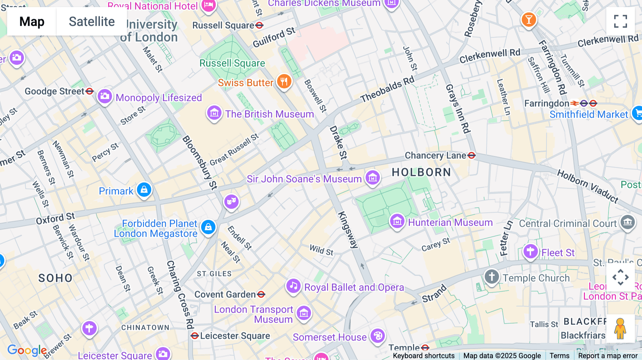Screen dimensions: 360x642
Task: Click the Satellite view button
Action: point(92,21)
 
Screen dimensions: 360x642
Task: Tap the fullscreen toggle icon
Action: point(620,21)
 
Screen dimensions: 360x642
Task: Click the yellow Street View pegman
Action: point(620,328)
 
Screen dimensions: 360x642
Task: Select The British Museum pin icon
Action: point(214,113)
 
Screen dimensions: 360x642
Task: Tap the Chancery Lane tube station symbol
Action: point(472,155)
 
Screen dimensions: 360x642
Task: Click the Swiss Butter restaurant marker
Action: point(284,82)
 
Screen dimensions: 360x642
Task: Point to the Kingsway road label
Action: point(347,230)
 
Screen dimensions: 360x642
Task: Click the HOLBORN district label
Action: point(421,173)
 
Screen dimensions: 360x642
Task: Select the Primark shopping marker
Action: point(144,190)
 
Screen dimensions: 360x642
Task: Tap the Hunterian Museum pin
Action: point(397,222)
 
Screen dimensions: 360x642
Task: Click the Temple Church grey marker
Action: point(491,277)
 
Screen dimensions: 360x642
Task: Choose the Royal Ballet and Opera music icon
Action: point(293,286)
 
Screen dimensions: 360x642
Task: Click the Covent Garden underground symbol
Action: point(261,294)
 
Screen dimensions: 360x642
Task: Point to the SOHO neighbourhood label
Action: point(55,278)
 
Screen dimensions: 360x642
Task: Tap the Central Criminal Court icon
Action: point(627,222)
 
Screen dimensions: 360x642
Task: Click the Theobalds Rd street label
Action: point(387,89)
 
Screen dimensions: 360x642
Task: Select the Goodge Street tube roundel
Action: point(90,91)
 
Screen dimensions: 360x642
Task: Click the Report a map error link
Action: point(607,356)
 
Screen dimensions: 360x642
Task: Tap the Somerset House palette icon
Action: point(378,336)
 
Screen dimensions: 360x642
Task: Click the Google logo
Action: point(27,350)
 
